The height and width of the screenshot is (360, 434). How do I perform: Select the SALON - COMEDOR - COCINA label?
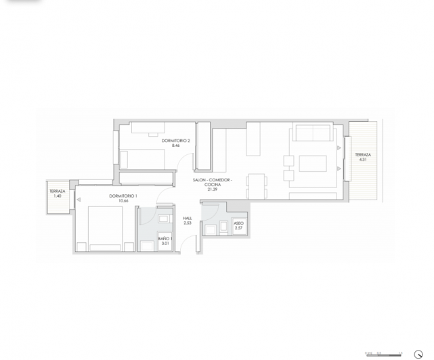point(212,182)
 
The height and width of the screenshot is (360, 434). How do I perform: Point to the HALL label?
point(188,218)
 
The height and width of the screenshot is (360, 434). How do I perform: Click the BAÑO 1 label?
point(165,239)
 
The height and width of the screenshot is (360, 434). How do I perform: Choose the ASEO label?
point(238,224)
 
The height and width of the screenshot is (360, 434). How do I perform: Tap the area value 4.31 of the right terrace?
point(363,160)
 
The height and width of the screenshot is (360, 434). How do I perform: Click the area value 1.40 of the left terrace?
point(58,196)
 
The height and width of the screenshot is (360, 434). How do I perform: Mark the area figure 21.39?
point(213,189)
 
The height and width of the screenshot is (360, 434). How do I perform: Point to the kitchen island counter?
point(255,138)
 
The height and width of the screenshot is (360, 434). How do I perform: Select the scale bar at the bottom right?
point(383,352)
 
